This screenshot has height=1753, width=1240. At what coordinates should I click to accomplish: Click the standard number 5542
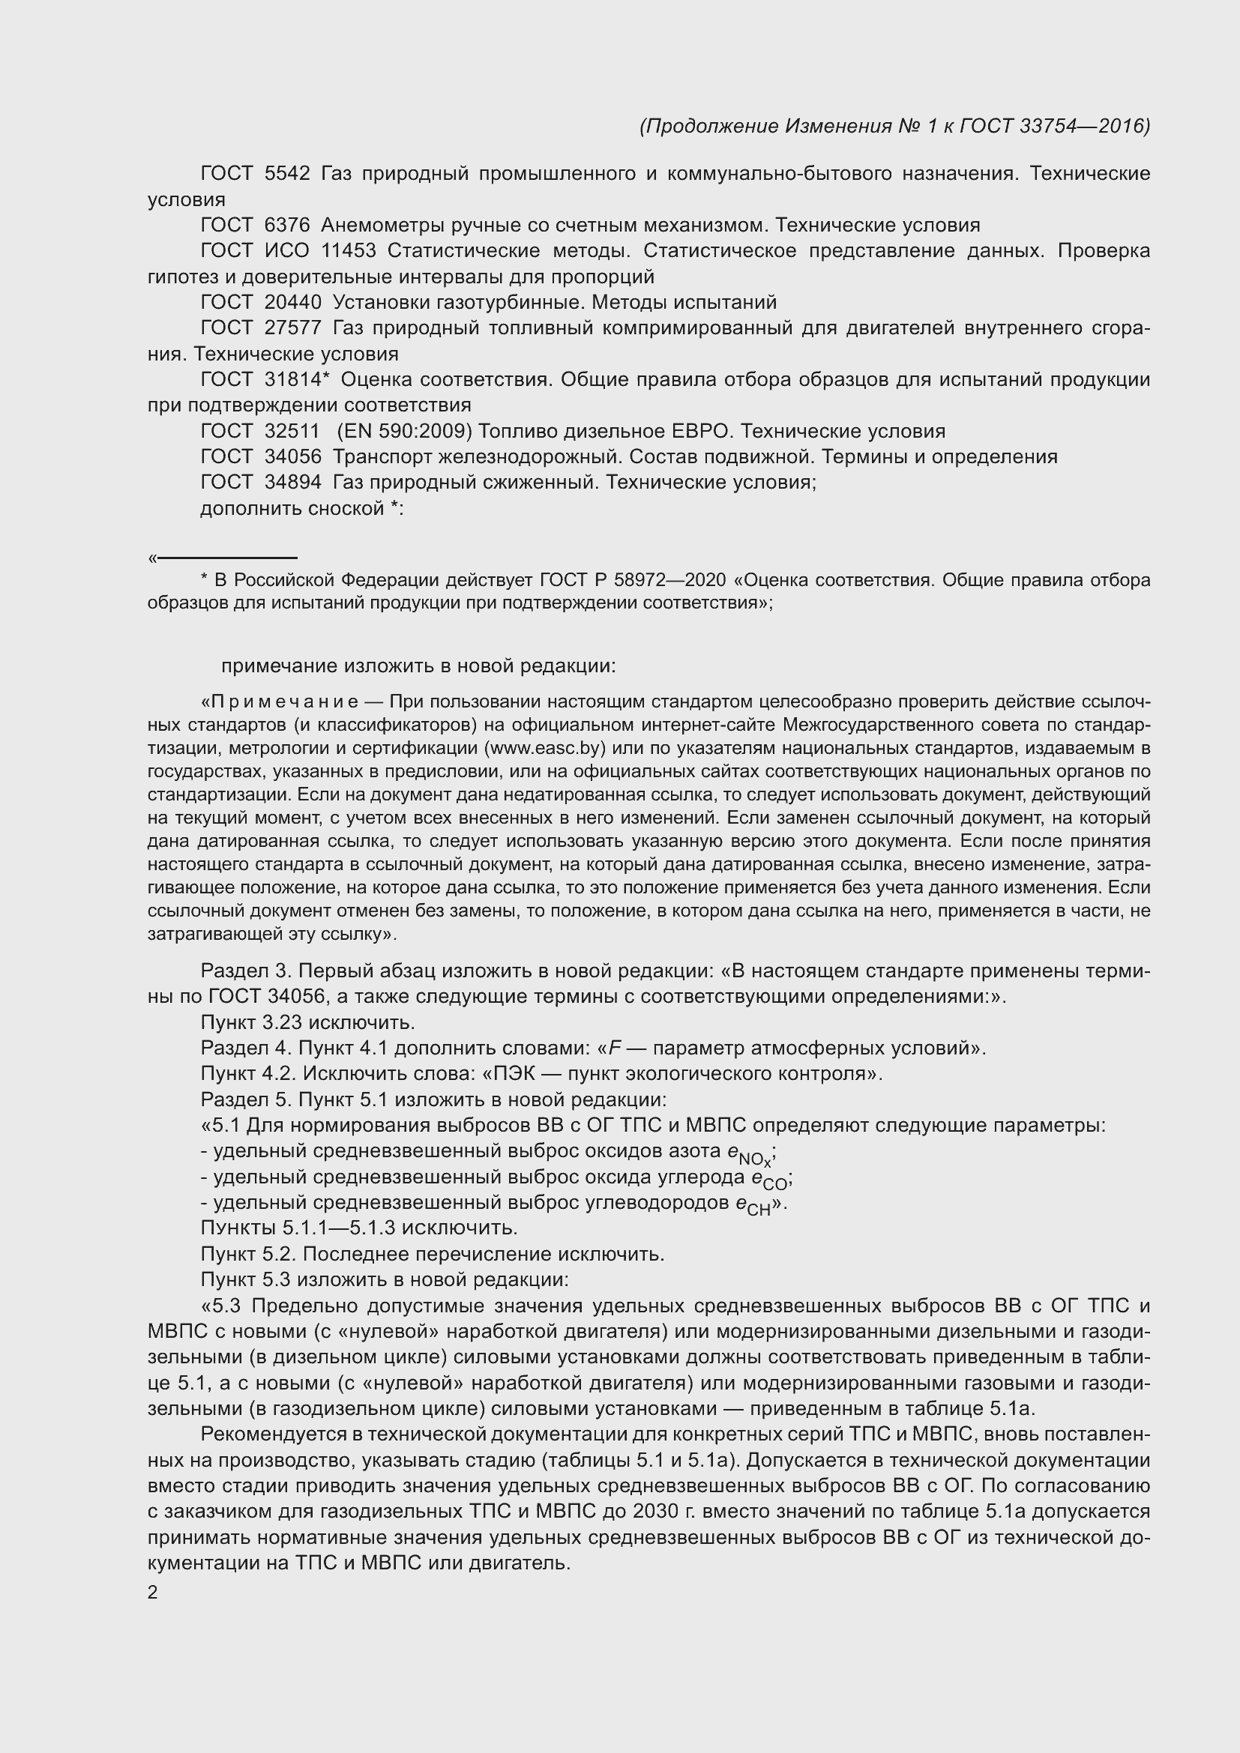[287, 174]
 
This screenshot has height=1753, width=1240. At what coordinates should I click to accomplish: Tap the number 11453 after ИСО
[349, 251]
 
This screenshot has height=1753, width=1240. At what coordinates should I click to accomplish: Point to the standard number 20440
[292, 302]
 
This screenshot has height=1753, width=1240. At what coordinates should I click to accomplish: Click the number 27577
[292, 328]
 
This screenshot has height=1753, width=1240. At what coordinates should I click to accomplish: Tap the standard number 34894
[292, 483]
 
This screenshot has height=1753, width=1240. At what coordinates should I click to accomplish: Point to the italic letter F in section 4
[614, 1049]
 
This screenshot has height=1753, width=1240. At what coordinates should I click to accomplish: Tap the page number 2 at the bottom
[153, 1593]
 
